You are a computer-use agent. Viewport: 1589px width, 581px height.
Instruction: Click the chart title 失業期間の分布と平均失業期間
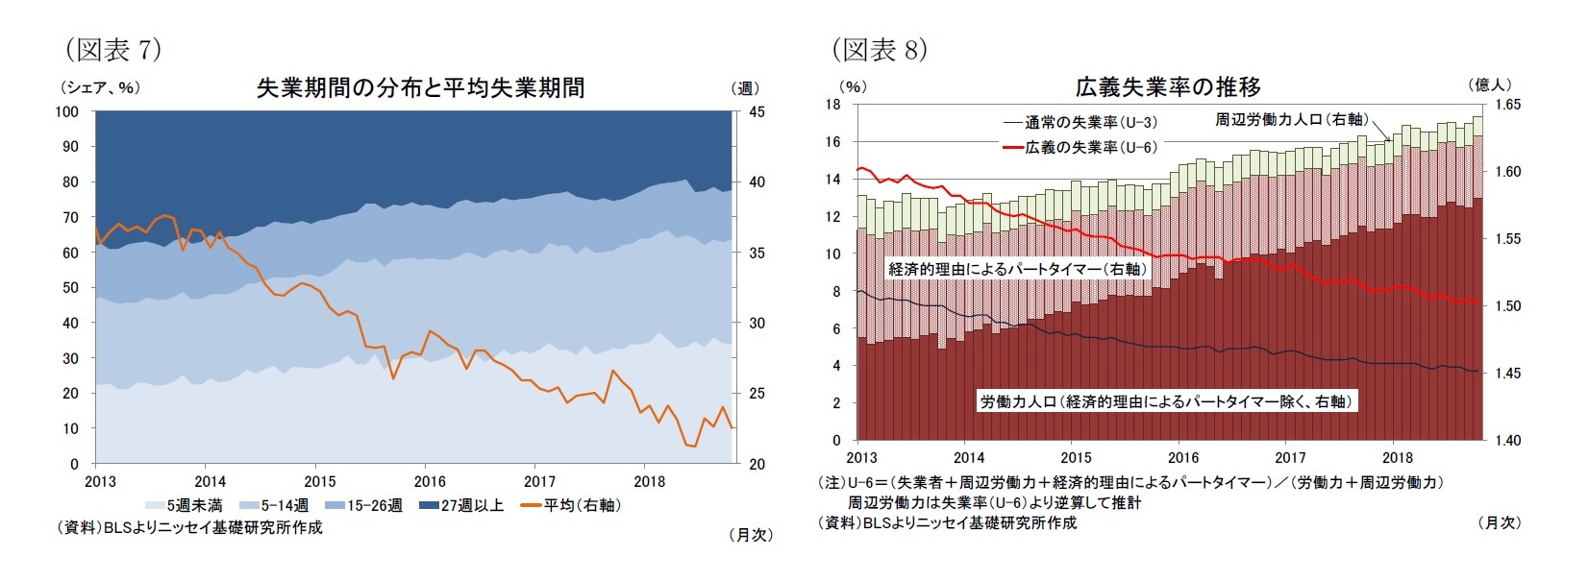(420, 88)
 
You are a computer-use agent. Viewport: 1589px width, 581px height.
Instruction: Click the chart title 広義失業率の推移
(1167, 87)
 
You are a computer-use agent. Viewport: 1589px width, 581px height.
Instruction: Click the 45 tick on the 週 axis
(757, 111)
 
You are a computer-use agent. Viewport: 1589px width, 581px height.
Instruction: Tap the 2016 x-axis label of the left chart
(430, 481)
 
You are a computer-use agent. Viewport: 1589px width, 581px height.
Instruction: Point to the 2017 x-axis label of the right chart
(1290, 458)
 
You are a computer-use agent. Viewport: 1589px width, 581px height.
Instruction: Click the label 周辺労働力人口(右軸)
(1290, 119)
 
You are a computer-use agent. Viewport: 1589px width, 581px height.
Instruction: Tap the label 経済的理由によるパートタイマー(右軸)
(1016, 269)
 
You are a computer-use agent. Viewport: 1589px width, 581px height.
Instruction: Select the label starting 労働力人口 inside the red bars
(1166, 401)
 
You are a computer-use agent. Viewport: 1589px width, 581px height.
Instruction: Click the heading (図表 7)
(112, 49)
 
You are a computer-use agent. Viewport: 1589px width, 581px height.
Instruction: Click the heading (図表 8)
(879, 49)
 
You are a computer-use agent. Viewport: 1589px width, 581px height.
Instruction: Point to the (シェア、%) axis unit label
(100, 87)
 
